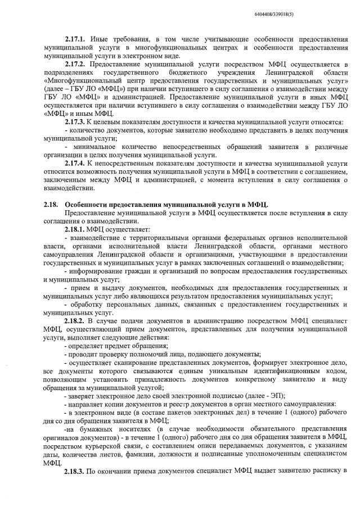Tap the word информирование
100,271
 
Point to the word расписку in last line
326,485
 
